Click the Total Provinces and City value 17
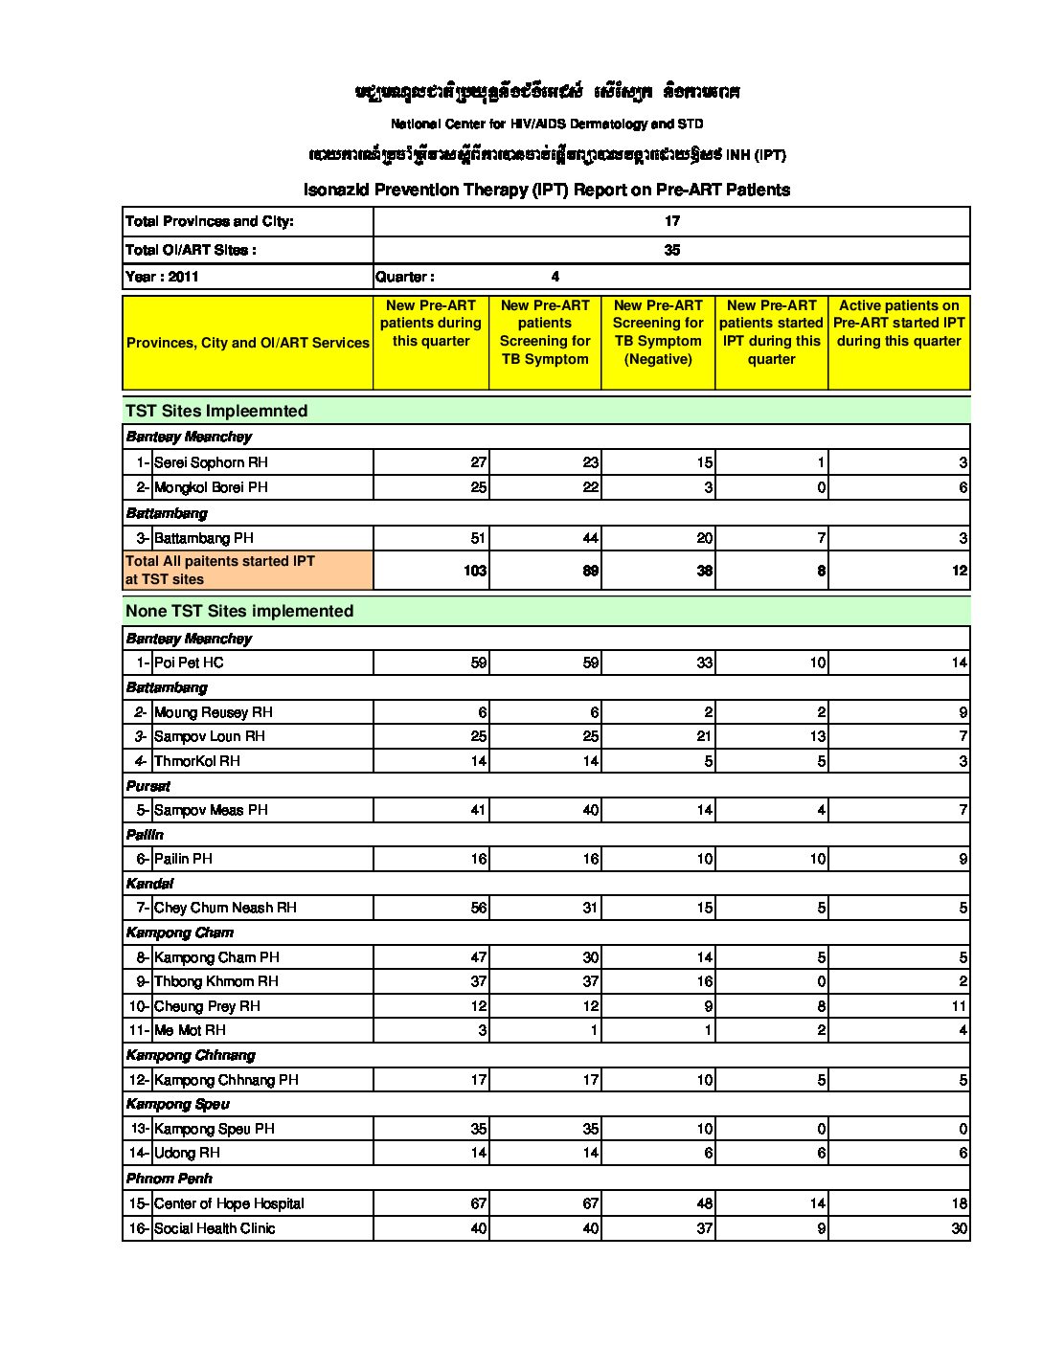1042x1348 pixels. pyautogui.click(x=672, y=221)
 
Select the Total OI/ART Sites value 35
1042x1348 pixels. pyautogui.click(x=672, y=250)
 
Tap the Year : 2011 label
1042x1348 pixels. pyautogui.click(x=163, y=277)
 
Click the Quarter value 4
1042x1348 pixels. pyautogui.click(x=555, y=277)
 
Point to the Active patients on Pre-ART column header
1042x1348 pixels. pyautogui.click(x=898, y=324)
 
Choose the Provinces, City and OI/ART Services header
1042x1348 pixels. pyautogui.click(x=248, y=343)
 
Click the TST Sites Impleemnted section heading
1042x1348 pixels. pyautogui.click(x=216, y=411)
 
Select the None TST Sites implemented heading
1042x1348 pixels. pyautogui.click(x=239, y=611)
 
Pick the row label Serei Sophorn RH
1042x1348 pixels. pyautogui.click(x=211, y=462)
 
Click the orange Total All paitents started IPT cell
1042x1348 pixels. pyautogui.click(x=247, y=570)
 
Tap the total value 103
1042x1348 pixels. pyautogui.click(x=475, y=571)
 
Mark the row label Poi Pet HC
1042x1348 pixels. pyautogui.click(x=189, y=663)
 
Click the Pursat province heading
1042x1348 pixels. pyautogui.click(x=148, y=786)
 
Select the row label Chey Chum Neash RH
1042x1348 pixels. pyautogui.click(x=225, y=908)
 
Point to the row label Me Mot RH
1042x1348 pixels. pyautogui.click(x=190, y=1030)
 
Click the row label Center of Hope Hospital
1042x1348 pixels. pyautogui.click(x=229, y=1203)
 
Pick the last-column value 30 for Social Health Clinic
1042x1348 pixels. pyautogui.click(x=959, y=1228)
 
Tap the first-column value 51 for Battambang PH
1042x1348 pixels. pyautogui.click(x=478, y=538)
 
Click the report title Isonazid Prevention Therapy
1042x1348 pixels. pyautogui.click(x=546, y=190)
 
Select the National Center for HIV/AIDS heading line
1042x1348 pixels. pyautogui.click(x=546, y=124)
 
